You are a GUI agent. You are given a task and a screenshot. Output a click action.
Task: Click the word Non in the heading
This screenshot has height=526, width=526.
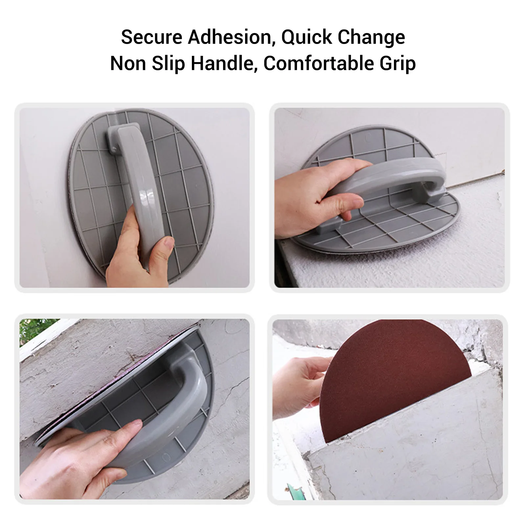coord(128,64)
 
